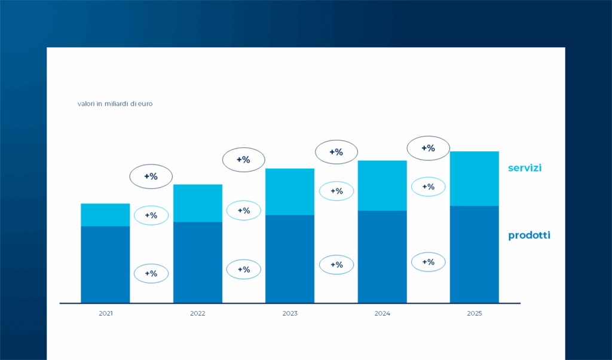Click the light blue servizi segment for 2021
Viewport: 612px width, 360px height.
click(x=105, y=215)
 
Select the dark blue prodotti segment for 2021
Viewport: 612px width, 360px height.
click(x=105, y=264)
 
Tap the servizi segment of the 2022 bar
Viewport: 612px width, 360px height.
click(x=198, y=203)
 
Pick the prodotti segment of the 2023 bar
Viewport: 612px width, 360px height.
click(x=290, y=259)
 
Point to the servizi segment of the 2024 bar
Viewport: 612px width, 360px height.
click(x=382, y=185)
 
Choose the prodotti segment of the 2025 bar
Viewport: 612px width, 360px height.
click(x=474, y=254)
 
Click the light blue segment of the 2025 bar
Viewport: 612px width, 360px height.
click(x=474, y=179)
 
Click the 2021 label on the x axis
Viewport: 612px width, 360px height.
click(x=105, y=313)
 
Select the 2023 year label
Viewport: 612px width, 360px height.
click(x=290, y=313)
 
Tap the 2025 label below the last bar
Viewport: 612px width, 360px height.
click(x=474, y=313)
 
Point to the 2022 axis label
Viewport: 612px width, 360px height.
click(x=198, y=313)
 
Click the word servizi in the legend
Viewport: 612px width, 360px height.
click(x=525, y=168)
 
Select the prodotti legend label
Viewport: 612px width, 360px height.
click(x=529, y=236)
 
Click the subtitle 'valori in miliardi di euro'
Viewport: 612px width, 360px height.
click(x=115, y=104)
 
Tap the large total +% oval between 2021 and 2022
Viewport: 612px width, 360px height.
click(x=151, y=176)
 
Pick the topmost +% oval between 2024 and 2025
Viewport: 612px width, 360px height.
click(x=428, y=148)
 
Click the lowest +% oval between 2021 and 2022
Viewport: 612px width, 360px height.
click(x=151, y=273)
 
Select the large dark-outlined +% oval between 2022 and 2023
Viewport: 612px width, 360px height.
click(x=244, y=160)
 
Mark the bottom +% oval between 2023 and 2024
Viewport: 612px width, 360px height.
click(x=336, y=265)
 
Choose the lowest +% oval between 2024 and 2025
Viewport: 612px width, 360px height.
click(x=428, y=262)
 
